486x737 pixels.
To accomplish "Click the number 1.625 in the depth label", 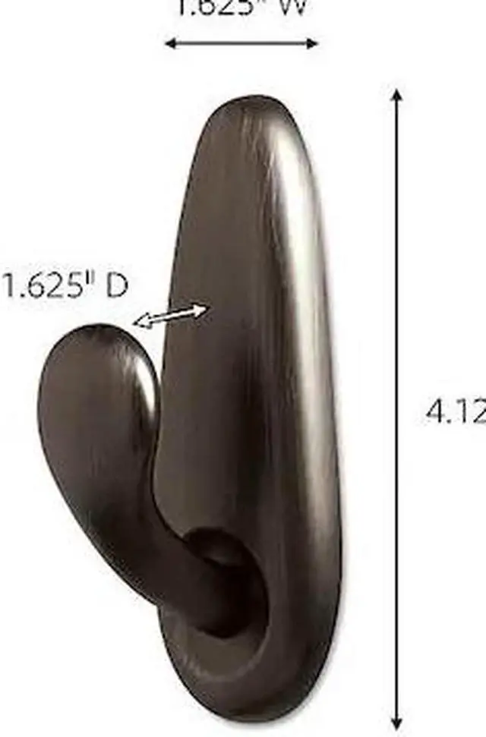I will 49,287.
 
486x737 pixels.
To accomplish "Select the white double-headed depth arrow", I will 171,316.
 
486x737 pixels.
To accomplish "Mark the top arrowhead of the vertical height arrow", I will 396,96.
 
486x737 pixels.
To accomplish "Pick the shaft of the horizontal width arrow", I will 241,43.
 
